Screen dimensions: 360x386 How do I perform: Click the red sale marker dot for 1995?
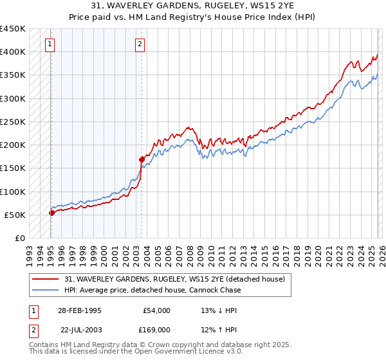point(51,213)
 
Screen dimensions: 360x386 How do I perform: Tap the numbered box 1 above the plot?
point(50,44)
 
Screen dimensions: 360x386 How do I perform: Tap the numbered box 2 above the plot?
point(140,44)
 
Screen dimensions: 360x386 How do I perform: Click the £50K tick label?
point(15,215)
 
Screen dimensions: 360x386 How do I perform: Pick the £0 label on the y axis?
point(20,238)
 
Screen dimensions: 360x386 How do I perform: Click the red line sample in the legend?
point(46,279)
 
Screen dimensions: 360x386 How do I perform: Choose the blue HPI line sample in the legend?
point(46,290)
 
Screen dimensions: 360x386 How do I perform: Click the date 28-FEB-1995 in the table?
point(79,310)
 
